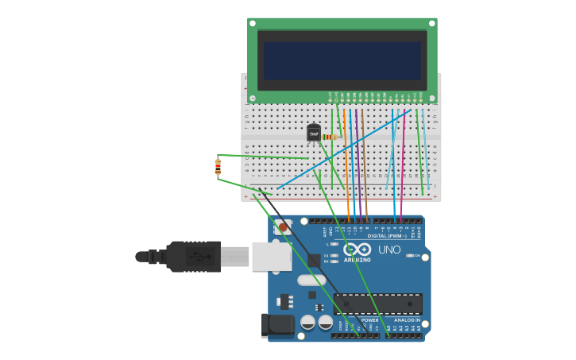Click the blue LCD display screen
point(342,60)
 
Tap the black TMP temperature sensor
point(314,134)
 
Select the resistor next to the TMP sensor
point(330,137)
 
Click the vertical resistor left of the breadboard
point(218,167)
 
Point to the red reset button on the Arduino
point(284,227)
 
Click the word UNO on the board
point(389,250)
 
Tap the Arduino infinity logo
point(358,250)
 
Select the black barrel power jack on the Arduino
point(274,324)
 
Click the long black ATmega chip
point(377,304)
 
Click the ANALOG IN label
point(407,320)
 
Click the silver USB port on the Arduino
point(271,256)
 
